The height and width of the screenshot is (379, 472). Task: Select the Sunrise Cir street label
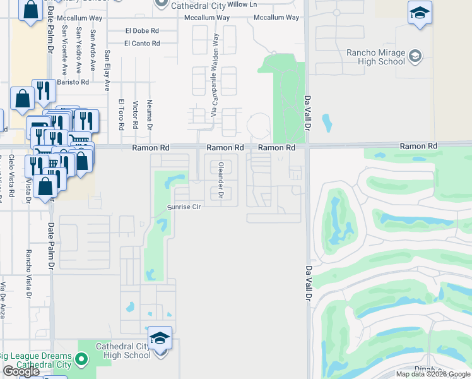pyautogui.click(x=184, y=207)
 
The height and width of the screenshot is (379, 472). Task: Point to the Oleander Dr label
pyautogui.click(x=221, y=180)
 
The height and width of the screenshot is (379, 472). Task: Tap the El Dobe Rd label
pyautogui.click(x=142, y=30)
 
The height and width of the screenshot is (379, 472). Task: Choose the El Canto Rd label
pyautogui.click(x=142, y=43)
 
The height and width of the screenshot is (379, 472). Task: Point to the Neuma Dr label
pyautogui.click(x=150, y=114)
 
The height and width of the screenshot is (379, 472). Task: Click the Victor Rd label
pyautogui.click(x=135, y=114)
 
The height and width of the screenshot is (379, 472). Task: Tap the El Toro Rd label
pyautogui.click(x=121, y=114)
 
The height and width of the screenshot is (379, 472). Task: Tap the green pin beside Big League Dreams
pyautogui.click(x=81, y=360)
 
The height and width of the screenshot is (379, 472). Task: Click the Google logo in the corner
pyautogui.click(x=21, y=372)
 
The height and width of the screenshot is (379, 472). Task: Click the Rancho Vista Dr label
pyautogui.click(x=28, y=272)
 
